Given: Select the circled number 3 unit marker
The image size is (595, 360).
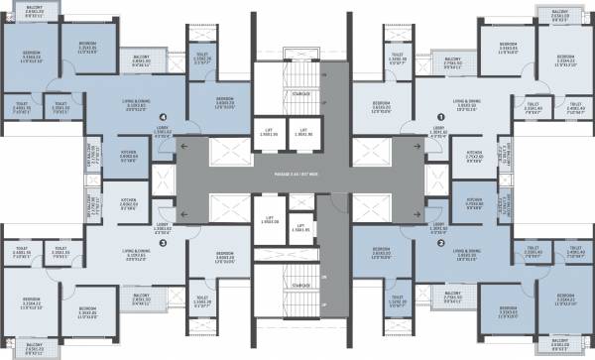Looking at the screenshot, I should tap(162, 242).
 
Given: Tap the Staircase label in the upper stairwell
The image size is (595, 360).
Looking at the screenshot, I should tap(285, 93).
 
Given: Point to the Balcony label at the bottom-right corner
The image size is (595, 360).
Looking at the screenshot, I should tap(560, 346).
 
